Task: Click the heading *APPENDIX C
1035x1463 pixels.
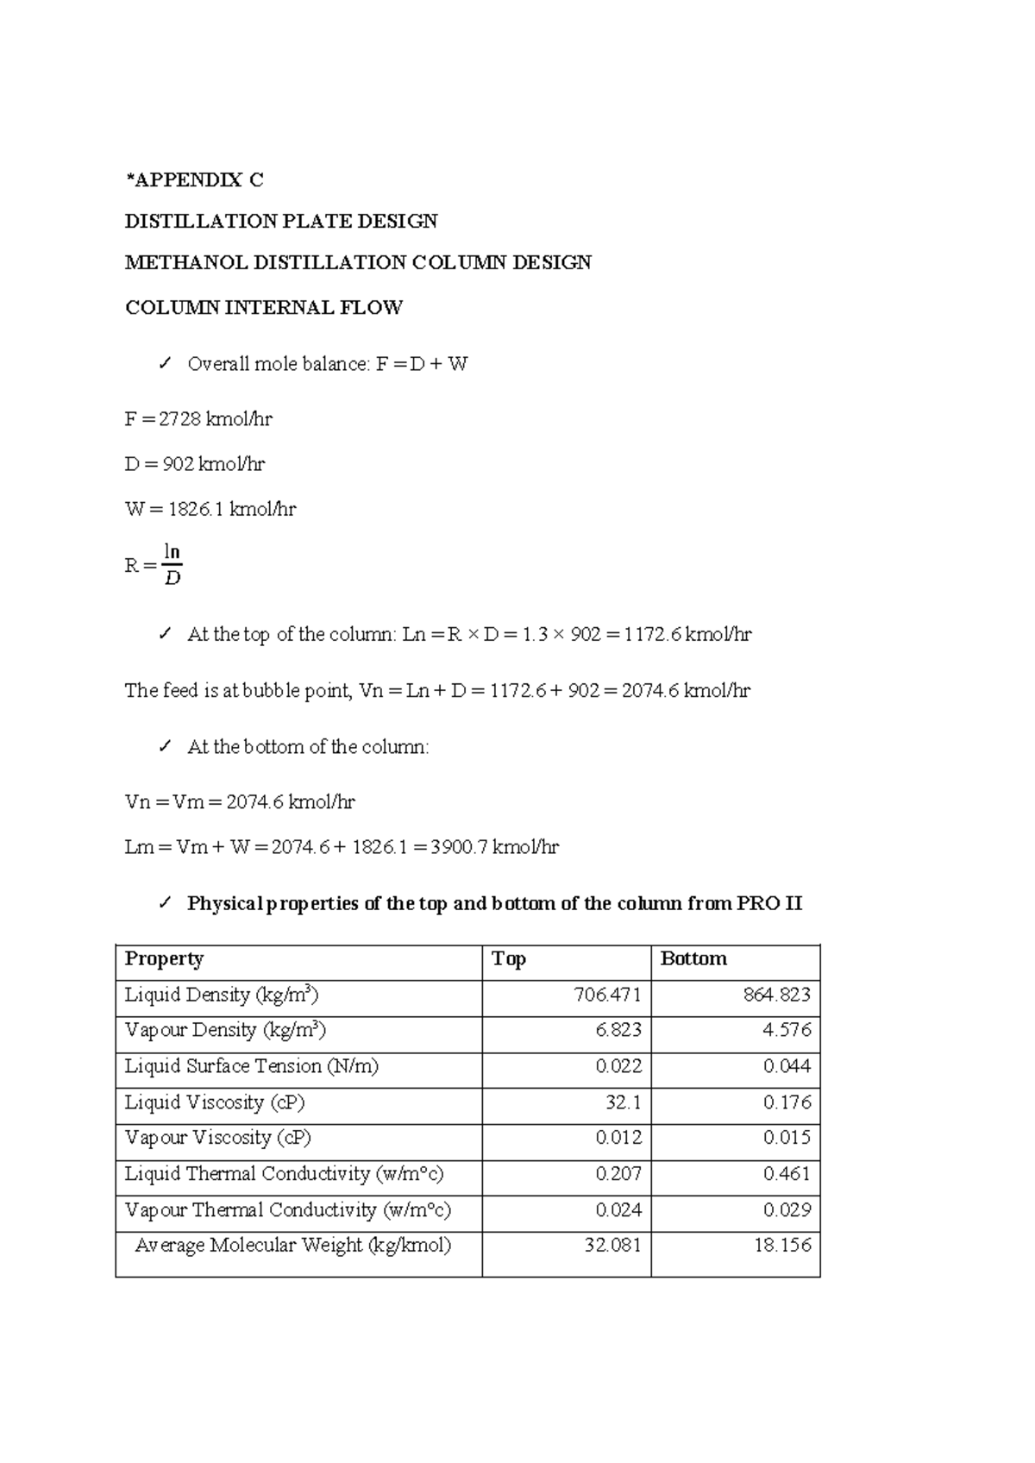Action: pos(194,180)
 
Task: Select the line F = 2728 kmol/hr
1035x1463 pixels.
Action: pos(198,420)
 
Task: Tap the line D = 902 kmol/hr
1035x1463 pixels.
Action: pos(195,465)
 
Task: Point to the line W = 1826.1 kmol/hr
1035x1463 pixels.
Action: pos(210,510)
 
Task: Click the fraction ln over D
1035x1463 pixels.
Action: pos(172,565)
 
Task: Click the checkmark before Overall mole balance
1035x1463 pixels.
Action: pos(165,364)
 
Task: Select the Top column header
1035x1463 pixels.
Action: pos(509,959)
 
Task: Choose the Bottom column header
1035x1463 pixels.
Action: pos(693,959)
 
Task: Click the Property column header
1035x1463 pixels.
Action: pos(164,959)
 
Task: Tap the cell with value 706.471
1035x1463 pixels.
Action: pos(607,995)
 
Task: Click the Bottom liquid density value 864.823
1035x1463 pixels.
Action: pos(776,995)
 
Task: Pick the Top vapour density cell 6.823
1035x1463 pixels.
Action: pos(618,1031)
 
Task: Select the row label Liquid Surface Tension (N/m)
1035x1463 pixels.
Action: pos(252,1067)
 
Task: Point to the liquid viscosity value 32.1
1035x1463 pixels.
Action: pos(624,1103)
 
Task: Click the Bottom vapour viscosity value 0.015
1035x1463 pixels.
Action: pos(787,1139)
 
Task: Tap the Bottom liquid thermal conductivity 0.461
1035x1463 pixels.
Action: pos(787,1175)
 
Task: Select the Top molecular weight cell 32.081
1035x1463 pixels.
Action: pos(612,1246)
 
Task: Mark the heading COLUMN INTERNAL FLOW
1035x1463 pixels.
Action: pos(264,308)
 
